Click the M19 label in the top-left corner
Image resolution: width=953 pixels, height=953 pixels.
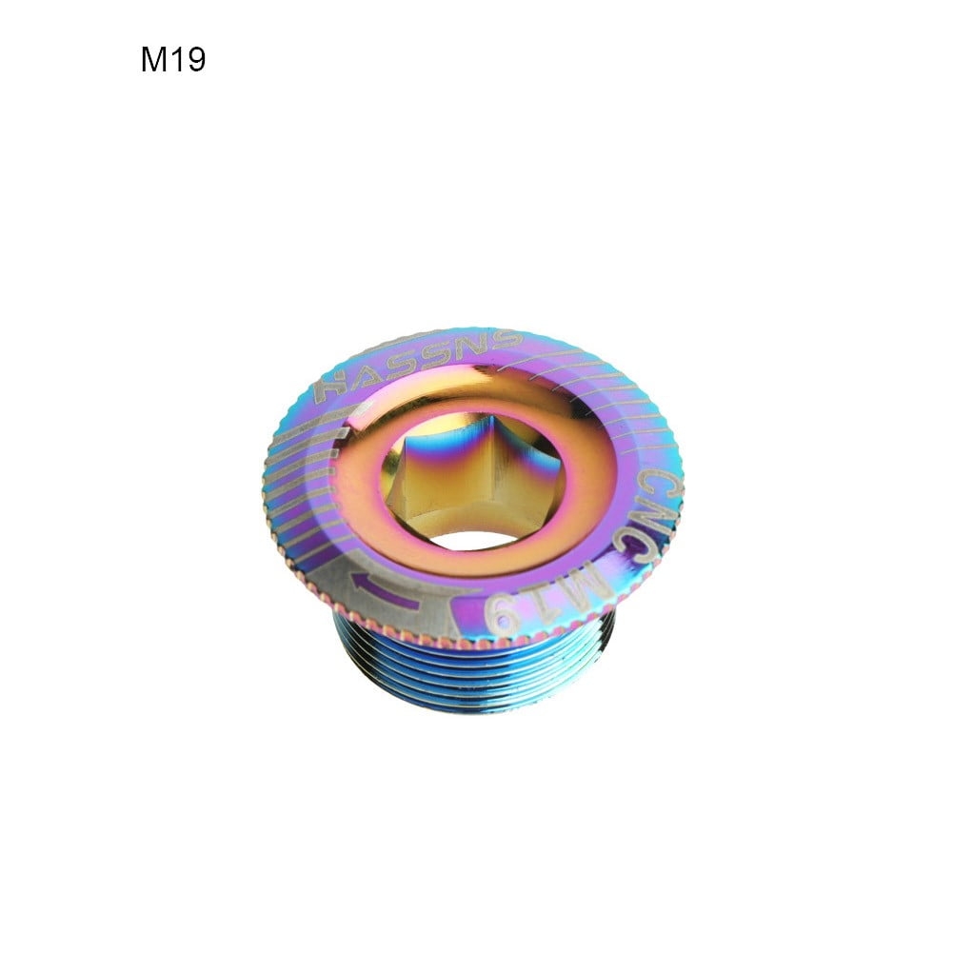click(173, 60)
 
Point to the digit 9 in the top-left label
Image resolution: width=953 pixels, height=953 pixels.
click(194, 60)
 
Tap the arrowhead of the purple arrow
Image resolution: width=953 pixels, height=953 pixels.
click(359, 577)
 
